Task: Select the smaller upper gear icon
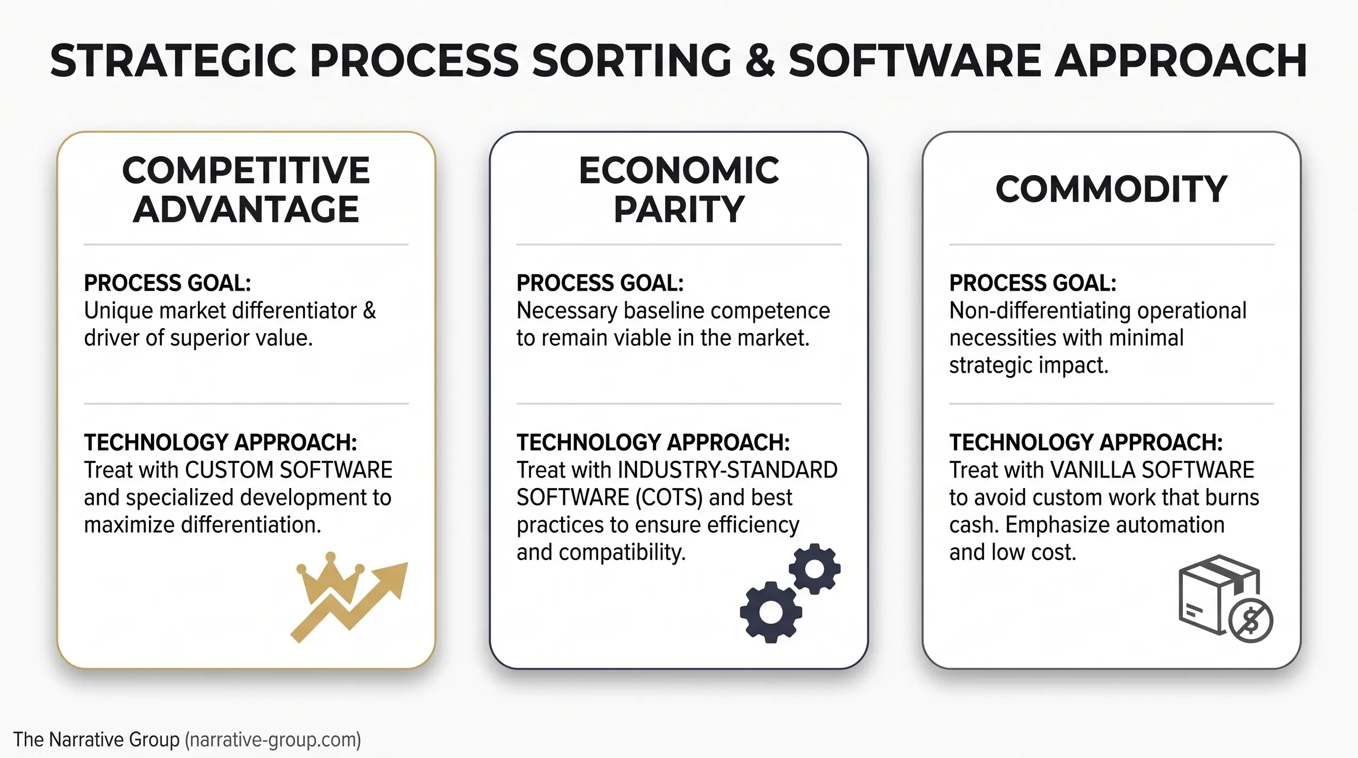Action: pyautogui.click(x=814, y=569)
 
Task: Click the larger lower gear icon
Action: pyautogui.click(x=770, y=612)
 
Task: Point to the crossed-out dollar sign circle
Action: pyautogui.click(x=1251, y=621)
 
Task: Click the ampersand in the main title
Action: pyautogui.click(x=760, y=61)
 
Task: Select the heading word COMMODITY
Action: pyautogui.click(x=1111, y=189)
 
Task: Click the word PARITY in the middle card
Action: pyautogui.click(x=679, y=209)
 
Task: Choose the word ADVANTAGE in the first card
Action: pyautogui.click(x=246, y=209)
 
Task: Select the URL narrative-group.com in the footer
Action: pyautogui.click(x=273, y=739)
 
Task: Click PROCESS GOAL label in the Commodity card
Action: pyautogui.click(x=1032, y=283)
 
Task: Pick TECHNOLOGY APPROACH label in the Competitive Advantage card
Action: pyautogui.click(x=220, y=442)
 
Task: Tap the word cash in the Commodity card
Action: pyautogui.click(x=974, y=525)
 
